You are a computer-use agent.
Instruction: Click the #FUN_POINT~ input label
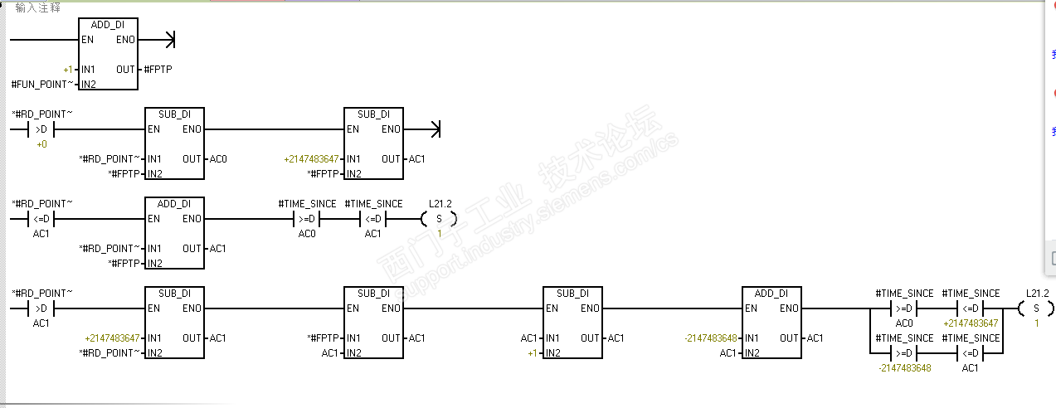[x=42, y=85]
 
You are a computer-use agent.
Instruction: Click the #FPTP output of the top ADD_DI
[x=158, y=70]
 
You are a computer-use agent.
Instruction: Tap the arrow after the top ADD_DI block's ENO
[x=157, y=40]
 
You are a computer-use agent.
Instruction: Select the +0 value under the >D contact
[x=42, y=144]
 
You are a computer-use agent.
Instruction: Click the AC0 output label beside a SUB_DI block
[x=218, y=159]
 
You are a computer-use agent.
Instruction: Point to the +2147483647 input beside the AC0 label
[x=311, y=159]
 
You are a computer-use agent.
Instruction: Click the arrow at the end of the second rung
[x=422, y=129]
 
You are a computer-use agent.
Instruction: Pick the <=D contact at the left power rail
[x=41, y=219]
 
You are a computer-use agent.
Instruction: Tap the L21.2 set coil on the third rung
[x=439, y=219]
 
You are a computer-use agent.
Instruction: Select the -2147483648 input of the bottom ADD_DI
[x=710, y=338]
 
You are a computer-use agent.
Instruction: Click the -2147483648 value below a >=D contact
[x=905, y=368]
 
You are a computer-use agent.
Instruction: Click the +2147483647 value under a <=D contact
[x=971, y=323]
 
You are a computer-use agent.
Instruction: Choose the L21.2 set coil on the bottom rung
[x=1036, y=308]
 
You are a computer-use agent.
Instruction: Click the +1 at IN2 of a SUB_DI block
[x=533, y=353]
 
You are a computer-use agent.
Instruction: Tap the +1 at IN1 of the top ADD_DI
[x=68, y=70]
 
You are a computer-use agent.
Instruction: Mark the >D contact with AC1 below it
[x=41, y=308]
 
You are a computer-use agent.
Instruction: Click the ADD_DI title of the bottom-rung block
[x=771, y=294]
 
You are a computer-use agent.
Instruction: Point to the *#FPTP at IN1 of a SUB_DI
[x=323, y=338]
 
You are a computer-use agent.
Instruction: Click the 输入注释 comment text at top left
[x=37, y=7]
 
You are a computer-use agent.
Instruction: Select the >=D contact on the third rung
[x=306, y=219]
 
